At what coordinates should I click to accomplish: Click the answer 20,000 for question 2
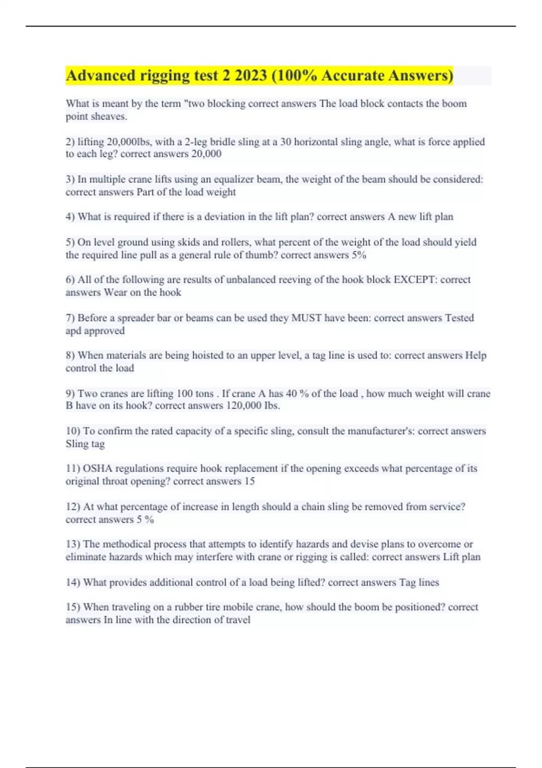pyautogui.click(x=206, y=154)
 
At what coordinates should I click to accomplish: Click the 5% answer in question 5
pyautogui.click(x=359, y=255)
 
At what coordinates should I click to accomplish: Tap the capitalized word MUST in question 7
pyautogui.click(x=306, y=318)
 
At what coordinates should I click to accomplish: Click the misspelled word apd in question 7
pyautogui.click(x=74, y=331)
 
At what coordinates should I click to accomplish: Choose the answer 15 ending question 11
pyautogui.click(x=250, y=482)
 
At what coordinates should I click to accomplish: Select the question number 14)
pyautogui.click(x=73, y=582)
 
